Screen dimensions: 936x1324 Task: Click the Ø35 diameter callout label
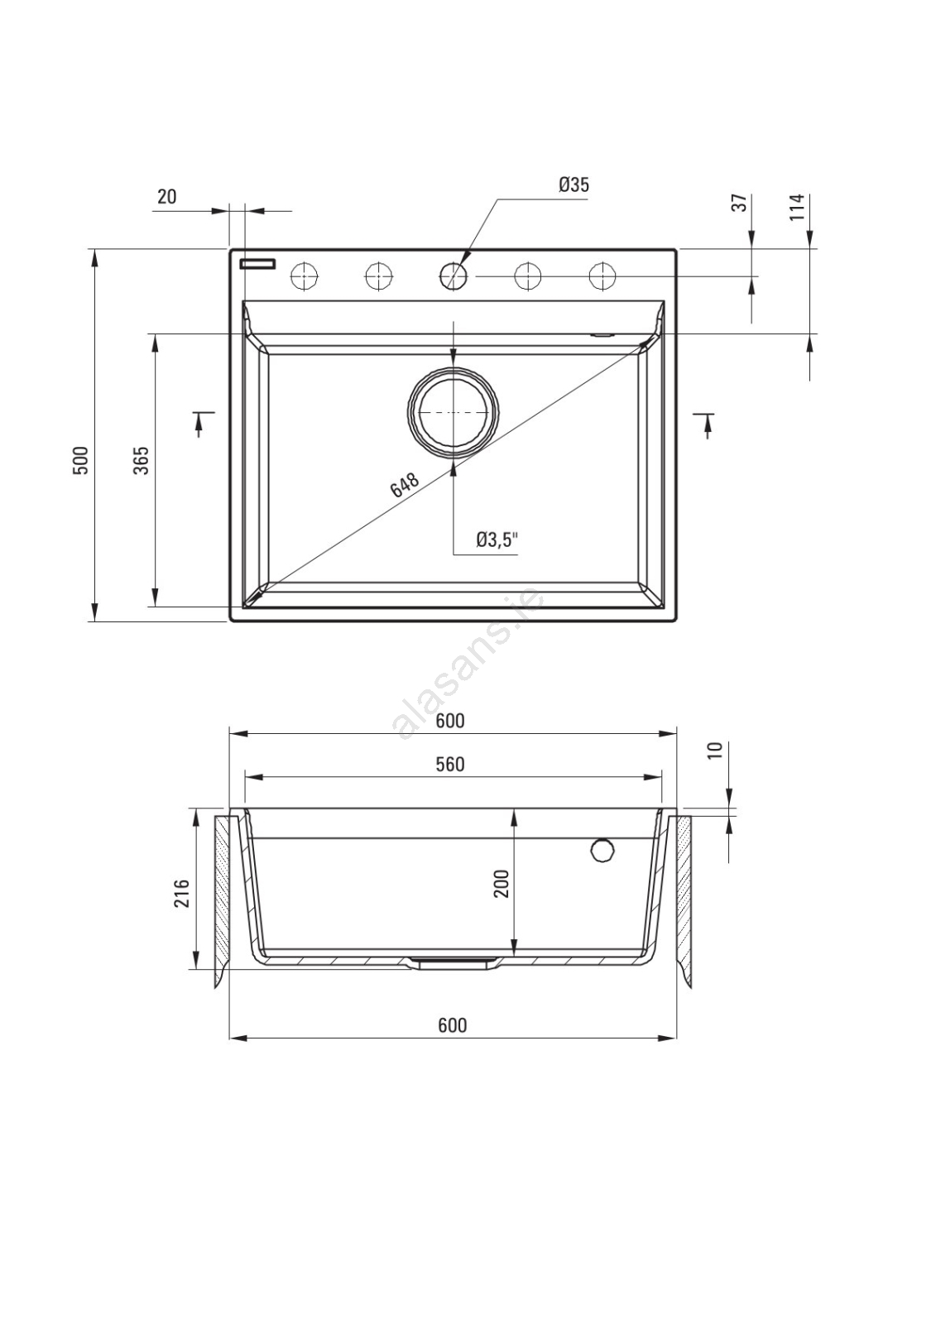574,185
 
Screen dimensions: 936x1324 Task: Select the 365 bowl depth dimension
141,460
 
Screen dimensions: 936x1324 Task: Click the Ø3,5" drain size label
497,539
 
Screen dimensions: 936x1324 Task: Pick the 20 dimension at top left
166,197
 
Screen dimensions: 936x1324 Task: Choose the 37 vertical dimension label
741,203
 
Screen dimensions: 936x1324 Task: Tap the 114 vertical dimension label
798,207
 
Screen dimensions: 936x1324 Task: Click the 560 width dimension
450,765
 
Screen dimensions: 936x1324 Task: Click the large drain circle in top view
454,412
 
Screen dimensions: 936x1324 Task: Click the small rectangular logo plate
257,264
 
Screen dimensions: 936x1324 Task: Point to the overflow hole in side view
602,850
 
